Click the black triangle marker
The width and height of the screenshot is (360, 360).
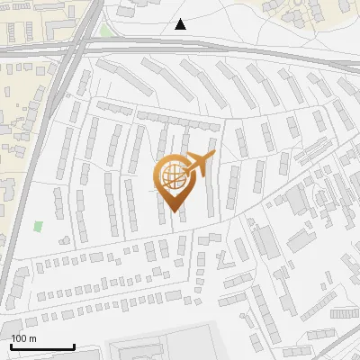point(181,24)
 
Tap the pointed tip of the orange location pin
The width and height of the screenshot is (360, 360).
point(172,211)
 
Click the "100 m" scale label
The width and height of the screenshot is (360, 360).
point(23,337)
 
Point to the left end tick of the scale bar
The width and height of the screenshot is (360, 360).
point(11,346)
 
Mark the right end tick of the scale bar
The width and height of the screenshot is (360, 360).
point(74,346)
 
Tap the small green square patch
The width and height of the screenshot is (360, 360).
point(38,226)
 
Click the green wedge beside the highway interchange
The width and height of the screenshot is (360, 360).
point(106,31)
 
